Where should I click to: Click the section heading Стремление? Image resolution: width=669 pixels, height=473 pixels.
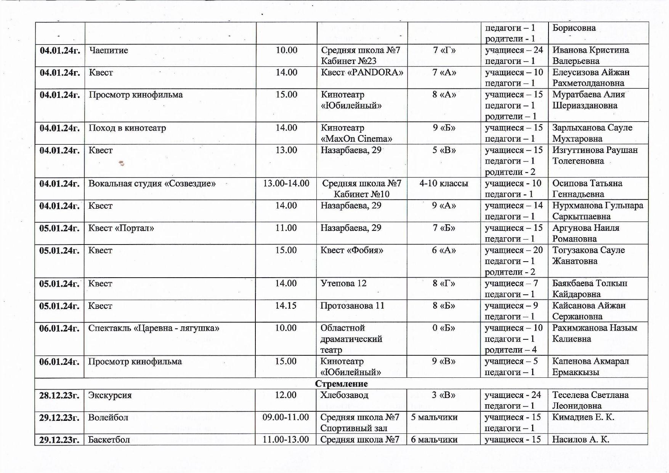point(341,384)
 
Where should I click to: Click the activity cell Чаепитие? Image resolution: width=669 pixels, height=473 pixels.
point(109,50)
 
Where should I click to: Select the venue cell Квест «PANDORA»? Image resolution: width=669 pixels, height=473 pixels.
point(362,72)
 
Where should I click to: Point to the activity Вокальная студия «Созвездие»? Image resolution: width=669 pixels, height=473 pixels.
point(152,184)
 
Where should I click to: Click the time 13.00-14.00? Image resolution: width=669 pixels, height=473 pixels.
point(286,184)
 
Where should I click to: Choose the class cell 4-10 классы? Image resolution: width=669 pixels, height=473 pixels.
point(444,184)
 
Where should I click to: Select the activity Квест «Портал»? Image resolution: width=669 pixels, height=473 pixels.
point(121,228)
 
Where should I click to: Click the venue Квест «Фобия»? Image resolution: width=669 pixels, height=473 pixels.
point(351,250)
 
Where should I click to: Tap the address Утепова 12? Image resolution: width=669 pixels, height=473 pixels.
point(343,283)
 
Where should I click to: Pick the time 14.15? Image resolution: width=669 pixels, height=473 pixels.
point(286,306)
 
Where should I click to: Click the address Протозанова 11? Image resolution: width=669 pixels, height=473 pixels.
point(352,306)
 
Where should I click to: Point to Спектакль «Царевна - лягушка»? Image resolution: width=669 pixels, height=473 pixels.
point(153,328)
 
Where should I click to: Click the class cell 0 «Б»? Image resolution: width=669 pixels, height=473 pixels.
point(444,328)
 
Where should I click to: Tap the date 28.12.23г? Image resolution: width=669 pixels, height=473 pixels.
point(59,395)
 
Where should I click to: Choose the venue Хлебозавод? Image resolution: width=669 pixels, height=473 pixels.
point(344,395)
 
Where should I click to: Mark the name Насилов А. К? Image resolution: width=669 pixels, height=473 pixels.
point(581,439)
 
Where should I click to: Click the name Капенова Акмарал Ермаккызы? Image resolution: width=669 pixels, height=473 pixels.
point(590,366)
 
